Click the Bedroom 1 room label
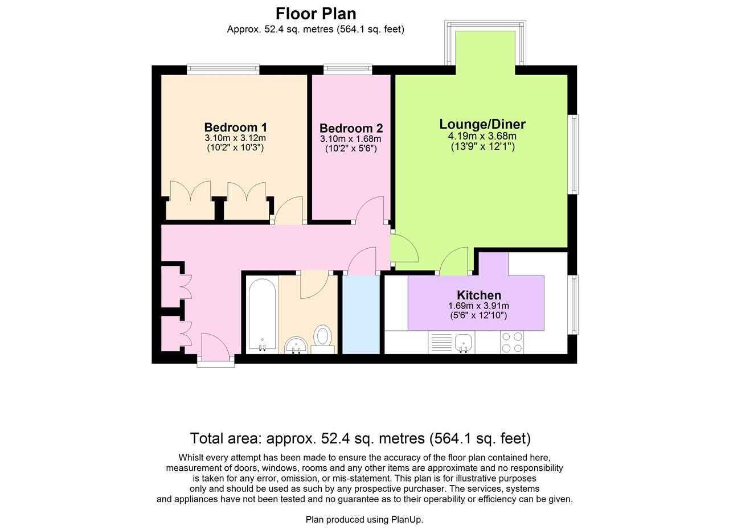[236, 127]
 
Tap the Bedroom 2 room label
[351, 128]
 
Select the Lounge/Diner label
[482, 124]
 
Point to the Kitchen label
[479, 295]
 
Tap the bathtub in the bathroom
[262, 315]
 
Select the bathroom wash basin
[296, 345]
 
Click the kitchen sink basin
[464, 342]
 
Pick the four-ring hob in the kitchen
[512, 342]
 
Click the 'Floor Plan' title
[316, 14]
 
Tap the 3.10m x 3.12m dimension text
[235, 138]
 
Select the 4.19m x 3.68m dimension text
[482, 136]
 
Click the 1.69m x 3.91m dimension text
[479, 306]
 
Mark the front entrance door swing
[215, 345]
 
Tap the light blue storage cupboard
[361, 314]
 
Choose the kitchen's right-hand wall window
[573, 305]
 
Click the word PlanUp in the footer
[407, 520]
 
